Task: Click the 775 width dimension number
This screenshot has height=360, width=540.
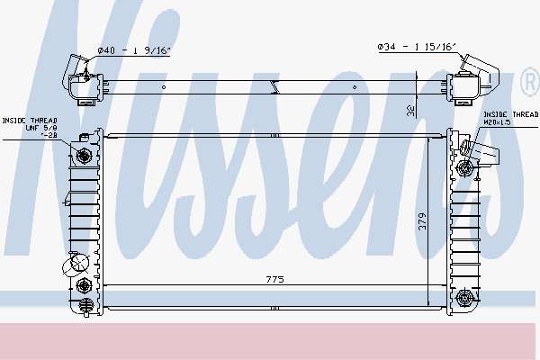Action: pos(275,281)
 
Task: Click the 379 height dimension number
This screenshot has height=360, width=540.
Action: pos(421,222)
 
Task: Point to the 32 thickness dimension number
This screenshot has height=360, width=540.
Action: pos(409,109)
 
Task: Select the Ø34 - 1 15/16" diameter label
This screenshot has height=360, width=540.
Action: pos(418,47)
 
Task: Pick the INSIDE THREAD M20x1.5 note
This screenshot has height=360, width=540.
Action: pos(509,118)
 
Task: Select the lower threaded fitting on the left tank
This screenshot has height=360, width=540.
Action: pos(85,286)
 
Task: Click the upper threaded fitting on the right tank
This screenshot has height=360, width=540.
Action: pos(465,167)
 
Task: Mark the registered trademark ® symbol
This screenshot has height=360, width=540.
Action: pos(528,84)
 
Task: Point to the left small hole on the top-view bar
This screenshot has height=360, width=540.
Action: pos(164,86)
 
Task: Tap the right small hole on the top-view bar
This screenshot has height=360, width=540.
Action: pos(355,86)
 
